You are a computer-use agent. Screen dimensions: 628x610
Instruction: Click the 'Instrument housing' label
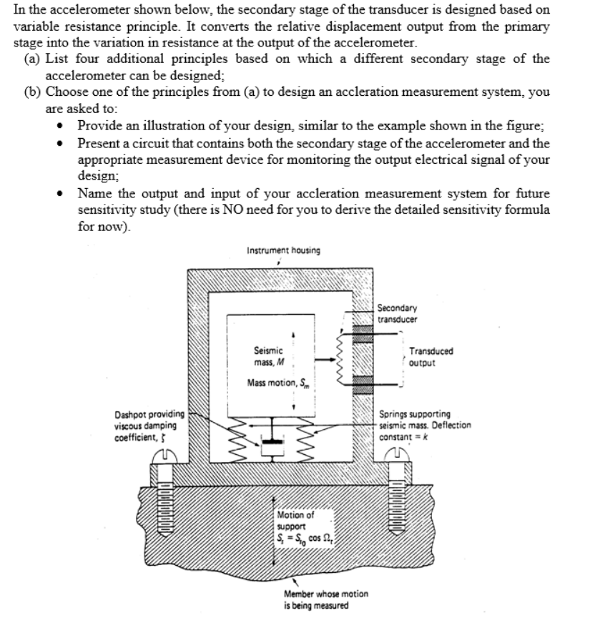click(283, 250)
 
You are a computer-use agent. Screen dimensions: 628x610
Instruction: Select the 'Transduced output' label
click(431, 356)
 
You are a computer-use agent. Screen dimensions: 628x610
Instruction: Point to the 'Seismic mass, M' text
click(268, 356)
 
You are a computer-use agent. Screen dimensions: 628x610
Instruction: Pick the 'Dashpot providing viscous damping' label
click(149, 428)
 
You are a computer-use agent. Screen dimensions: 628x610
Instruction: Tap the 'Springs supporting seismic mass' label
click(425, 424)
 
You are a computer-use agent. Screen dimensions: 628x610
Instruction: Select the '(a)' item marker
click(31, 59)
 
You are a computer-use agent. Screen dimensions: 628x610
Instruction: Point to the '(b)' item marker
click(31, 92)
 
